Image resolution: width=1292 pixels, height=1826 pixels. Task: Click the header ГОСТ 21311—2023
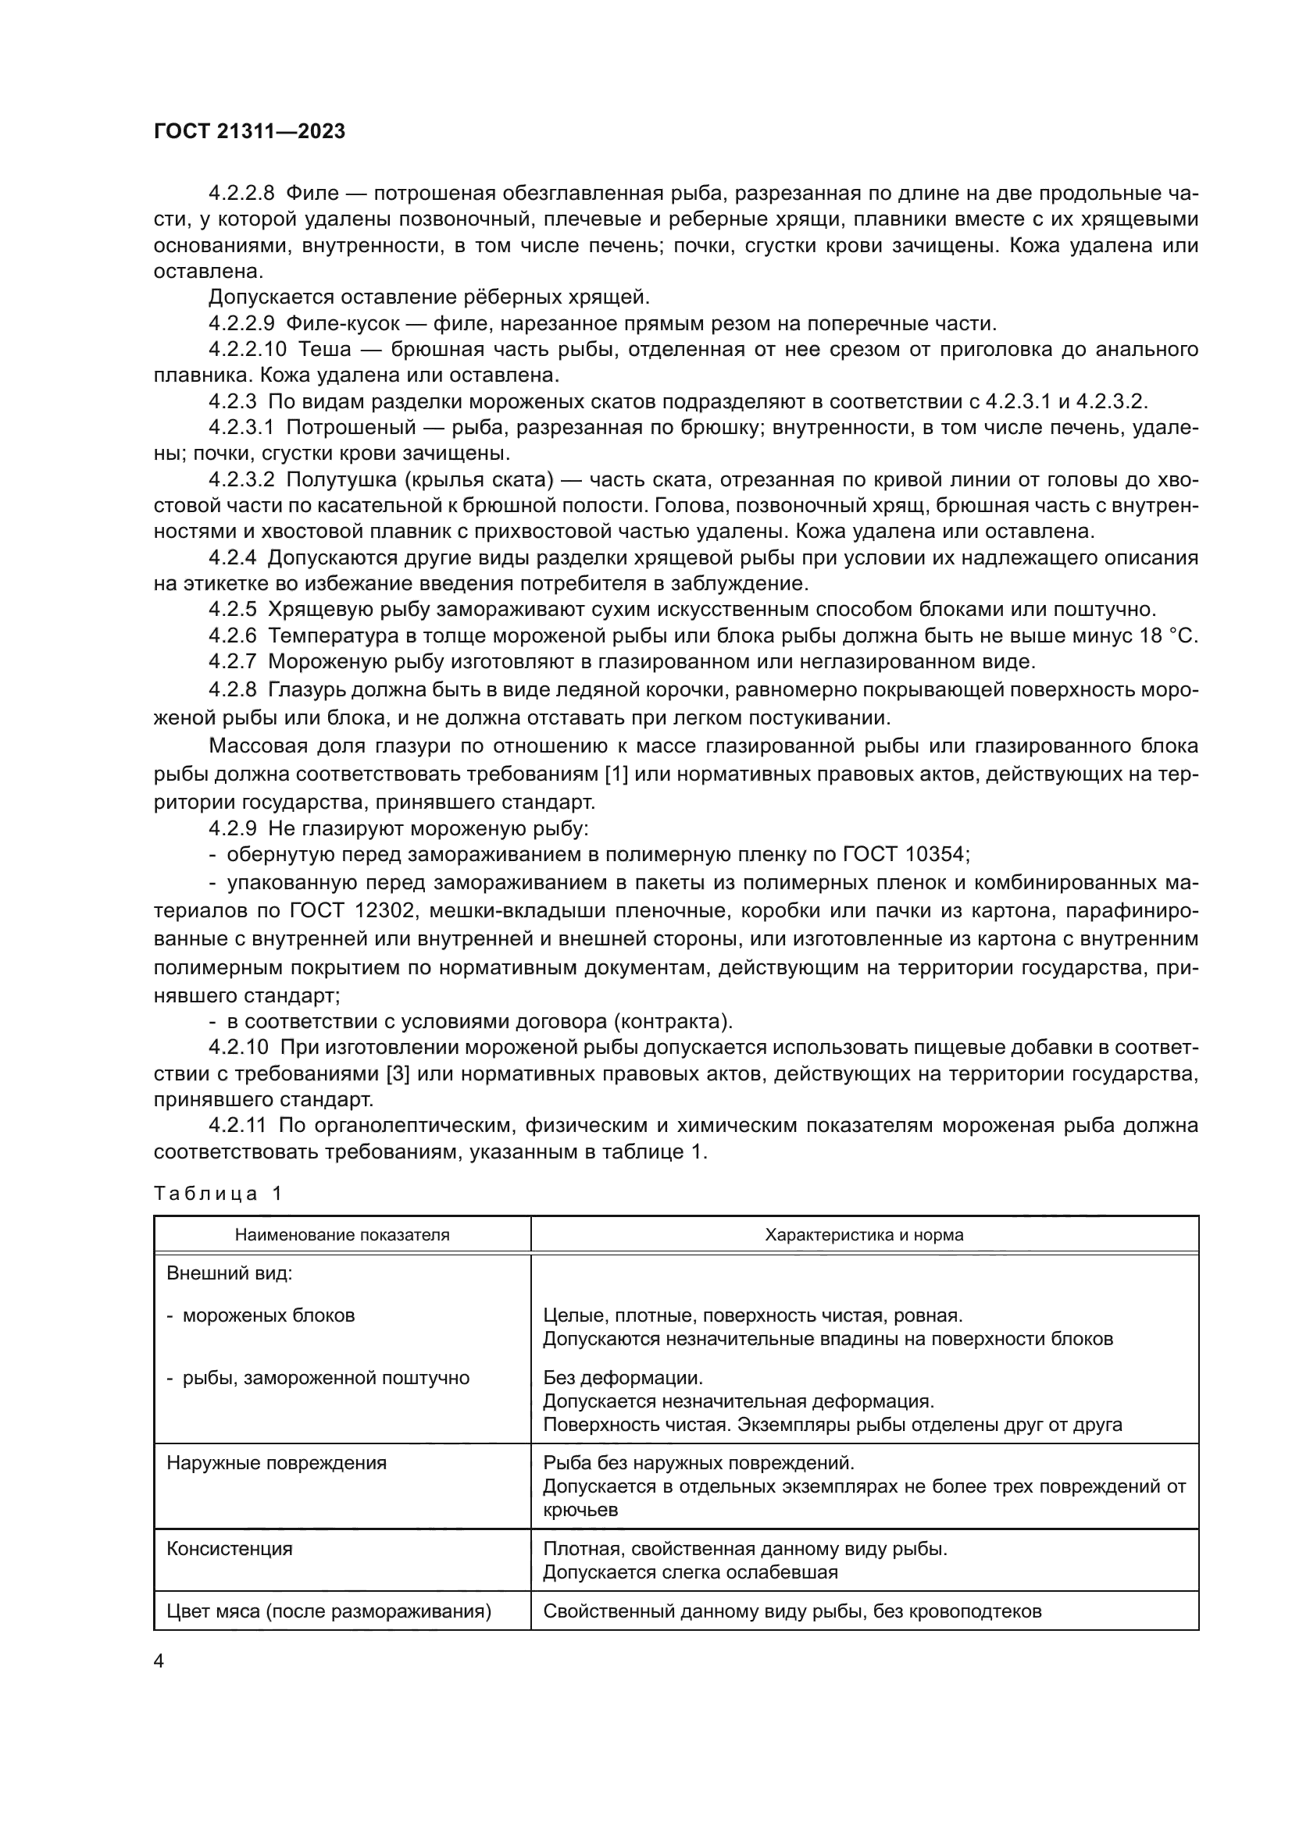coord(249,131)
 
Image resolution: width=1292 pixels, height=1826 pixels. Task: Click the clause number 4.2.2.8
coord(241,194)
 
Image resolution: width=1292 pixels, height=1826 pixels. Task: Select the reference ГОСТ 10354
coord(905,854)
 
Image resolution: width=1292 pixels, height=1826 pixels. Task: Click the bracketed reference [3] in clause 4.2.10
coord(397,1073)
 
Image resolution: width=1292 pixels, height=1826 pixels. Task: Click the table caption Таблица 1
coord(217,1193)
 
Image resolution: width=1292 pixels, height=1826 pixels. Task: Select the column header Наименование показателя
coord(342,1235)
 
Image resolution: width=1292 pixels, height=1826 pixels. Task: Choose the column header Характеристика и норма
coord(864,1235)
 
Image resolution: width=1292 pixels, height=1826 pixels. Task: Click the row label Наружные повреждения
coord(276,1463)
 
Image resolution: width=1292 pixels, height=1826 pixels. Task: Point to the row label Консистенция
coord(229,1549)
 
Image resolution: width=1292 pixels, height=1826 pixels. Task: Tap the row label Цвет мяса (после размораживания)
coord(329,1612)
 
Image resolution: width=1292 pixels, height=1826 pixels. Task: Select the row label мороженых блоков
coord(268,1315)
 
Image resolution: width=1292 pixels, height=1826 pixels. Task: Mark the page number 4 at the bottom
coord(159,1662)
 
